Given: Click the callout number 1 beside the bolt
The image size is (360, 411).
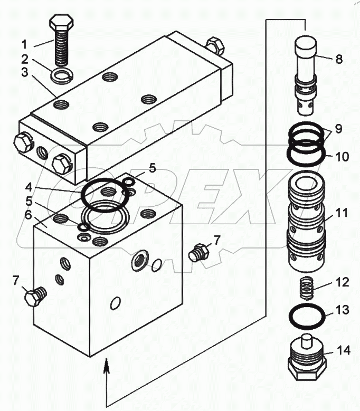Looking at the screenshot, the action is coord(24,44).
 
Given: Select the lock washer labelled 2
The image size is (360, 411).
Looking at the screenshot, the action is coord(61,74).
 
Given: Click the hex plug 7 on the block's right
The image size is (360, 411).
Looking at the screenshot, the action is coord(199,252).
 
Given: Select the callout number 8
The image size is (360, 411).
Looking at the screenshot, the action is coord(339,59).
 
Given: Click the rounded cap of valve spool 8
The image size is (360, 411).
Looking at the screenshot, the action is coord(306,43).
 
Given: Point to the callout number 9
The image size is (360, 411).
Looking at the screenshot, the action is coord(338,129).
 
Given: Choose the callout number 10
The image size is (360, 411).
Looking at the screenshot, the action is coord(343,156).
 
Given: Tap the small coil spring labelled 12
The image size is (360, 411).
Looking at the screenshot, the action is coord(306,288).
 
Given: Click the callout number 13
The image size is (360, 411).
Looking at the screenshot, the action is coord(343,310).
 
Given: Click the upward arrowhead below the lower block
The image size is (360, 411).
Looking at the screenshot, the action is coord(107,364).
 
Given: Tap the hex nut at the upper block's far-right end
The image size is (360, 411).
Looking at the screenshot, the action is coord(216,45).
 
